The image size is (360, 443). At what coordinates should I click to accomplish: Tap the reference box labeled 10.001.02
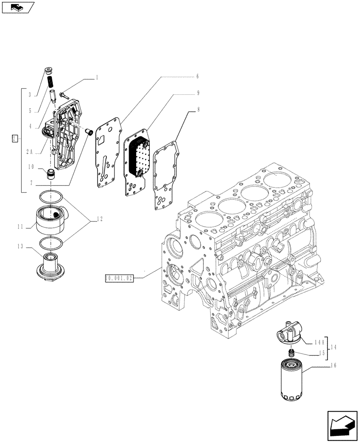coord(119,279)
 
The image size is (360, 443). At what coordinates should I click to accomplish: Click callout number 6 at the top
coord(197,76)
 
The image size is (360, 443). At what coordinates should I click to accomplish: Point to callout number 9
coord(197,93)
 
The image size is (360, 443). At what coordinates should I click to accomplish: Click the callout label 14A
coord(320,342)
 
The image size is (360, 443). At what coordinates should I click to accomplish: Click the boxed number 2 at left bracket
coord(15,139)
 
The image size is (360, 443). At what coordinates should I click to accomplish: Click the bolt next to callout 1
coord(65,94)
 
